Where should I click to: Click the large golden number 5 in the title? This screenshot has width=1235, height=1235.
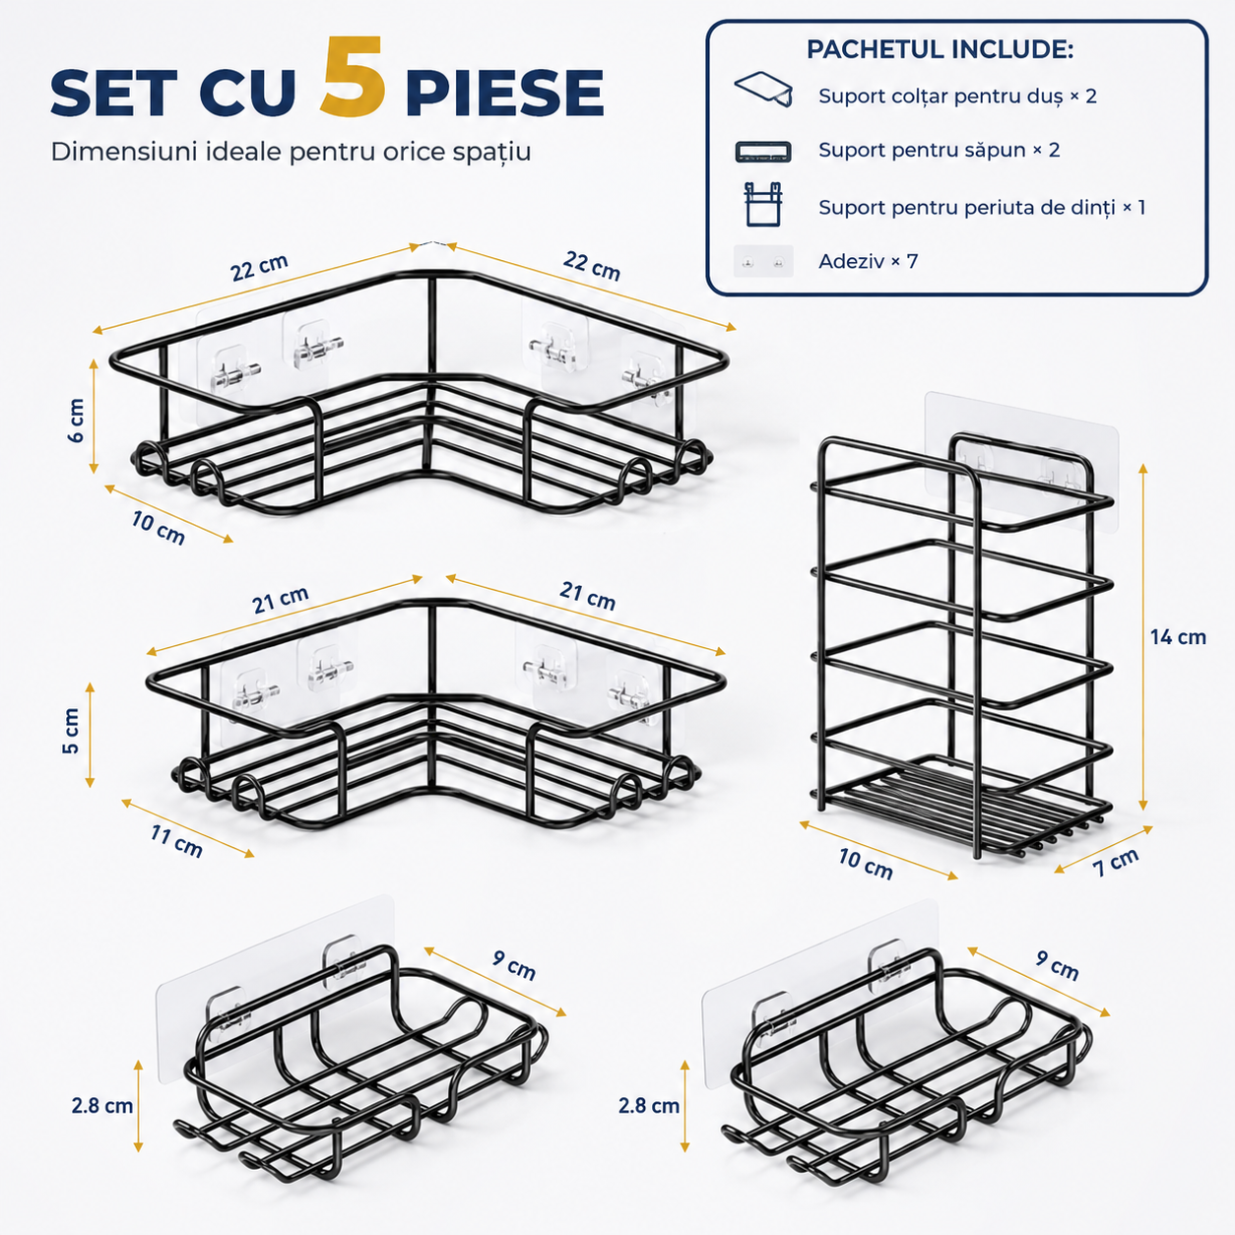353,77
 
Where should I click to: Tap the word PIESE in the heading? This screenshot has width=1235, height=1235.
504,92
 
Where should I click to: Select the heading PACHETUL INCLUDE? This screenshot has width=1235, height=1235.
940,49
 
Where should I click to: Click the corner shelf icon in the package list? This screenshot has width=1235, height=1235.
763,89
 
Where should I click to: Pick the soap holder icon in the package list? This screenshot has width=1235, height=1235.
762,152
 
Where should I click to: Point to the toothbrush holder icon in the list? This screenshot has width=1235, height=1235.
763,205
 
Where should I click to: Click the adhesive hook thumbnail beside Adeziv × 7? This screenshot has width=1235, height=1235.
763,261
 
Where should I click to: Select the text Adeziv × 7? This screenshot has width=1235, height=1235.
868,262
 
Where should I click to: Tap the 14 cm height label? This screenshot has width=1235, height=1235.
1177,637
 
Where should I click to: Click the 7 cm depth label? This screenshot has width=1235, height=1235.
1116,862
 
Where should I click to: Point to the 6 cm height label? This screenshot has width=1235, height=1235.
76,421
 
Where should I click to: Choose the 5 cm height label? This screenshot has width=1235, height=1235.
71,731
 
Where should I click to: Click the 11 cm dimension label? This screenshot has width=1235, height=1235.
176,842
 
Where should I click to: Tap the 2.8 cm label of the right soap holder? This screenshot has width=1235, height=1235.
649,1106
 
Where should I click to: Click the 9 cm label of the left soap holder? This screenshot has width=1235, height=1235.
514,965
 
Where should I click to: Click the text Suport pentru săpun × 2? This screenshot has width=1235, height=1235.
939,150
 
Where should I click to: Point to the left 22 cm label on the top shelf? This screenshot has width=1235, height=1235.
259,267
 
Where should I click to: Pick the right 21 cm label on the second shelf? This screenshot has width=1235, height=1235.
588,596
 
